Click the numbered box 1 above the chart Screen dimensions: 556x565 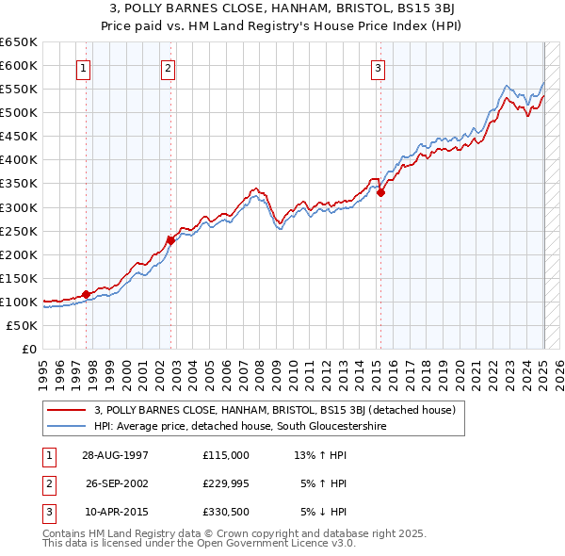coord(84,67)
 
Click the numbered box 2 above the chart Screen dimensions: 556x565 coord(168,67)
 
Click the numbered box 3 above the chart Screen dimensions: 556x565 coord(377,67)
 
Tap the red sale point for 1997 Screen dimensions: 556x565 coord(86,294)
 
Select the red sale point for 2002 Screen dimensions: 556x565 coord(170,239)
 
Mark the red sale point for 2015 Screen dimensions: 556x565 coord(381,192)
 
